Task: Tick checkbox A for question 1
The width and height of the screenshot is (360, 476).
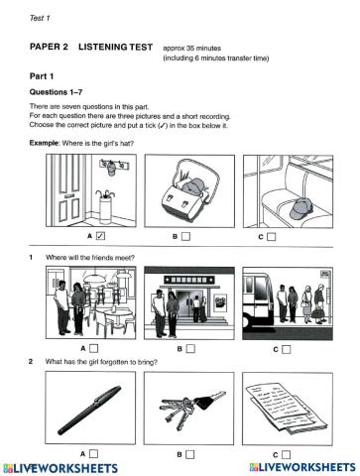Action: (94, 348)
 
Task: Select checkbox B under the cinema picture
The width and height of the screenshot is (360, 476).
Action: (190, 349)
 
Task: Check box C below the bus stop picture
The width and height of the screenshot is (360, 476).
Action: (287, 349)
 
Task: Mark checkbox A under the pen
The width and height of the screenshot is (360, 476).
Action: (94, 454)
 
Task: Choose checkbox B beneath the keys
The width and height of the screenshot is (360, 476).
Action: (190, 454)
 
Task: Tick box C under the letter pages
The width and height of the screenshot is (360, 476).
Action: (286, 455)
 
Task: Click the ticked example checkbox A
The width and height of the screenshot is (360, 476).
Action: (100, 236)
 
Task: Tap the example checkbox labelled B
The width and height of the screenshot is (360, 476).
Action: (186, 236)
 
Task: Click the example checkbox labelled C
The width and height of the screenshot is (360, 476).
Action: (272, 237)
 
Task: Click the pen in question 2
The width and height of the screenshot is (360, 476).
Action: (89, 410)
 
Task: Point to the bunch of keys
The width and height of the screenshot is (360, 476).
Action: (191, 409)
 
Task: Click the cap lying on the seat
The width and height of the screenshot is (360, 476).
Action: (301, 208)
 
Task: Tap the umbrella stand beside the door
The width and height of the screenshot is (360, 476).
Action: (105, 206)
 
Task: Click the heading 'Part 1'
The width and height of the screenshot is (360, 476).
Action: (42, 76)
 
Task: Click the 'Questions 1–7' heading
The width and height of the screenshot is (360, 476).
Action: (56, 92)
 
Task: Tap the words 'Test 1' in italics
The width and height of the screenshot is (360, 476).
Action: (40, 18)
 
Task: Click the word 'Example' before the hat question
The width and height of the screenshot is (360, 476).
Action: (44, 143)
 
